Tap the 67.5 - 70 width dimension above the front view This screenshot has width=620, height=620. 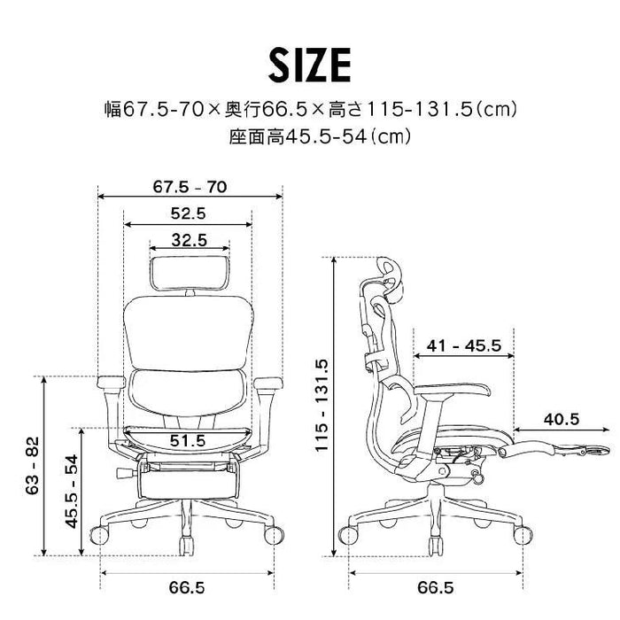[x=189, y=187]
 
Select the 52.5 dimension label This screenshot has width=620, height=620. [x=188, y=213]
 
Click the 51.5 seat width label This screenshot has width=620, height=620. [x=188, y=439]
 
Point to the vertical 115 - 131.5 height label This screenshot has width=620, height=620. [x=322, y=407]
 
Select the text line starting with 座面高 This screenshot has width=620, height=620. [x=310, y=138]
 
